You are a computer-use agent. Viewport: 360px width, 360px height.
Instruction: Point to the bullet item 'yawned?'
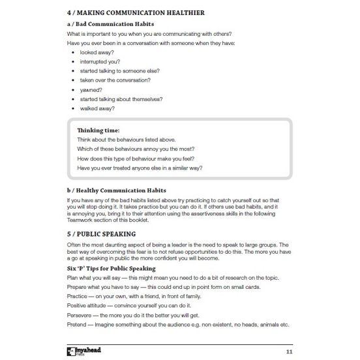[x=93, y=90]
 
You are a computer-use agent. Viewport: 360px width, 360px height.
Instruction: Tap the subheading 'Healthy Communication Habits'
[x=121, y=190]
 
